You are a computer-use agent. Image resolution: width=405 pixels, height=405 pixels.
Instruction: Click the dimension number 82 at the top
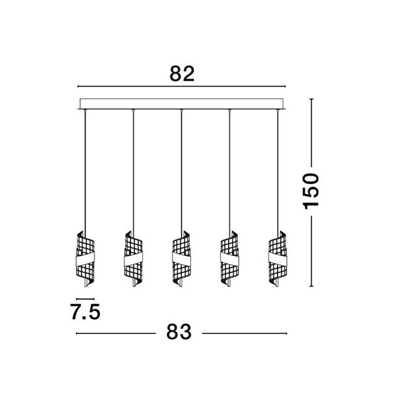[183, 74]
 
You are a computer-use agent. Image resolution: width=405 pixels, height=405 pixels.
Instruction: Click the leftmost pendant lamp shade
[85, 259]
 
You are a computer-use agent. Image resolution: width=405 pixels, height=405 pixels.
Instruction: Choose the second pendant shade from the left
[133, 259]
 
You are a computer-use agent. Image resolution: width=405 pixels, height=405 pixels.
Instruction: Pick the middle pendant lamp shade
[181, 259]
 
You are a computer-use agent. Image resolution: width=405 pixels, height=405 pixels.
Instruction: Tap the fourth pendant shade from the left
[229, 259]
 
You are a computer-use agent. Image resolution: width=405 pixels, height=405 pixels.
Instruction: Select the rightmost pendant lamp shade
[277, 259]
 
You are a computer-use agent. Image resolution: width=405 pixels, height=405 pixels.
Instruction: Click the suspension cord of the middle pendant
[181, 171]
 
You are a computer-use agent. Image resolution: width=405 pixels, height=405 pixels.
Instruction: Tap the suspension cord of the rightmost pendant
[277, 171]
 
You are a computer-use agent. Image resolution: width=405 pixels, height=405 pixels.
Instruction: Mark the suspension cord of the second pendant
[133, 171]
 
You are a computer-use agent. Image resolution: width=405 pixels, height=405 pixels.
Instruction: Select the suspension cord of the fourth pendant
[229, 171]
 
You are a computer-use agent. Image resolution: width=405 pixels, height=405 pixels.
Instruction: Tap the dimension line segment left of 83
[117, 333]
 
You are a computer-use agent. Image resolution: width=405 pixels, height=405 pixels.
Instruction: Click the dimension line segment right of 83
[245, 333]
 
